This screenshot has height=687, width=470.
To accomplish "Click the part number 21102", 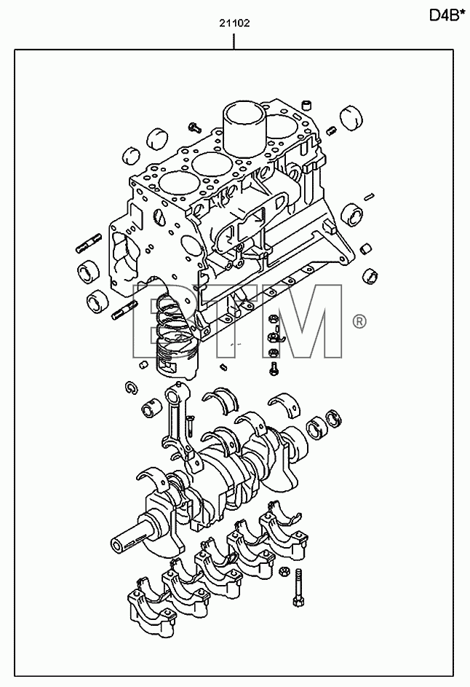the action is coord(234,23).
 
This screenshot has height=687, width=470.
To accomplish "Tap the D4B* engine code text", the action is coord(446,15).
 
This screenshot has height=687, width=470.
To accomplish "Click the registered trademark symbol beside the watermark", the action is coord(359,322).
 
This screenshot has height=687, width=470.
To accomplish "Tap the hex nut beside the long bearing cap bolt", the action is coord(283,572).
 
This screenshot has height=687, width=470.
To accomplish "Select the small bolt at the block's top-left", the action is coord(194,127).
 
